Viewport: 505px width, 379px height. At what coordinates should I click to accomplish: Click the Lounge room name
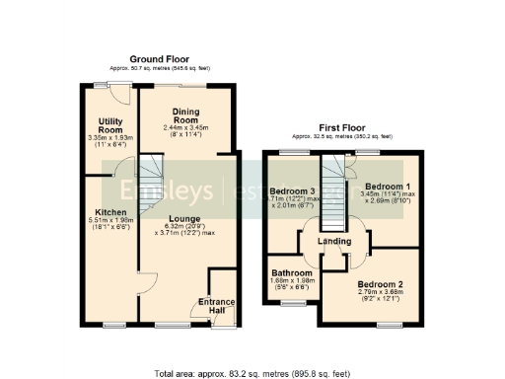click(x=184, y=218)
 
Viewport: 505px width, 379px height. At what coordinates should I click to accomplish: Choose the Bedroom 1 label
click(x=386, y=186)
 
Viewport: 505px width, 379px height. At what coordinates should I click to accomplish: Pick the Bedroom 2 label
click(x=380, y=284)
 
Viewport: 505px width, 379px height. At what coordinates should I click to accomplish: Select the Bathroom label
click(x=288, y=273)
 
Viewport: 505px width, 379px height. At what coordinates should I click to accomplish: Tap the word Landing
click(x=334, y=242)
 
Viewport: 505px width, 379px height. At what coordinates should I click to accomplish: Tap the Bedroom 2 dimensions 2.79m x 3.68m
click(x=380, y=296)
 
